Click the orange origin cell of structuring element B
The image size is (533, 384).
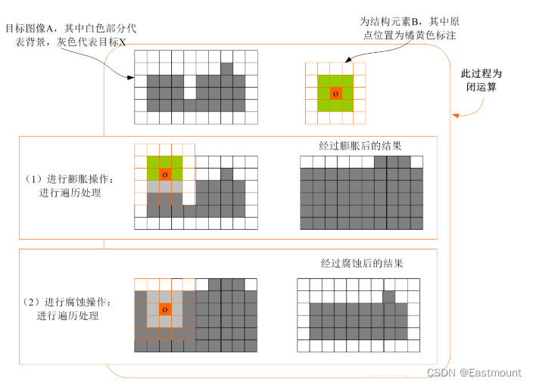pos(335,93)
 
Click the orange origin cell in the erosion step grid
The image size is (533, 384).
pos(165,310)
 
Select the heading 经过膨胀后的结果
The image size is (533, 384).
pos(360,146)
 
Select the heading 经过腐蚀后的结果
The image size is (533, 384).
pos(361,264)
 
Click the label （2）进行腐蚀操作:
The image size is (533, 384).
pos(70,302)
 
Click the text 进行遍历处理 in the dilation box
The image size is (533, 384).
pos(70,193)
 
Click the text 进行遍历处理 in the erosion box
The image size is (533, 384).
pos(70,315)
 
